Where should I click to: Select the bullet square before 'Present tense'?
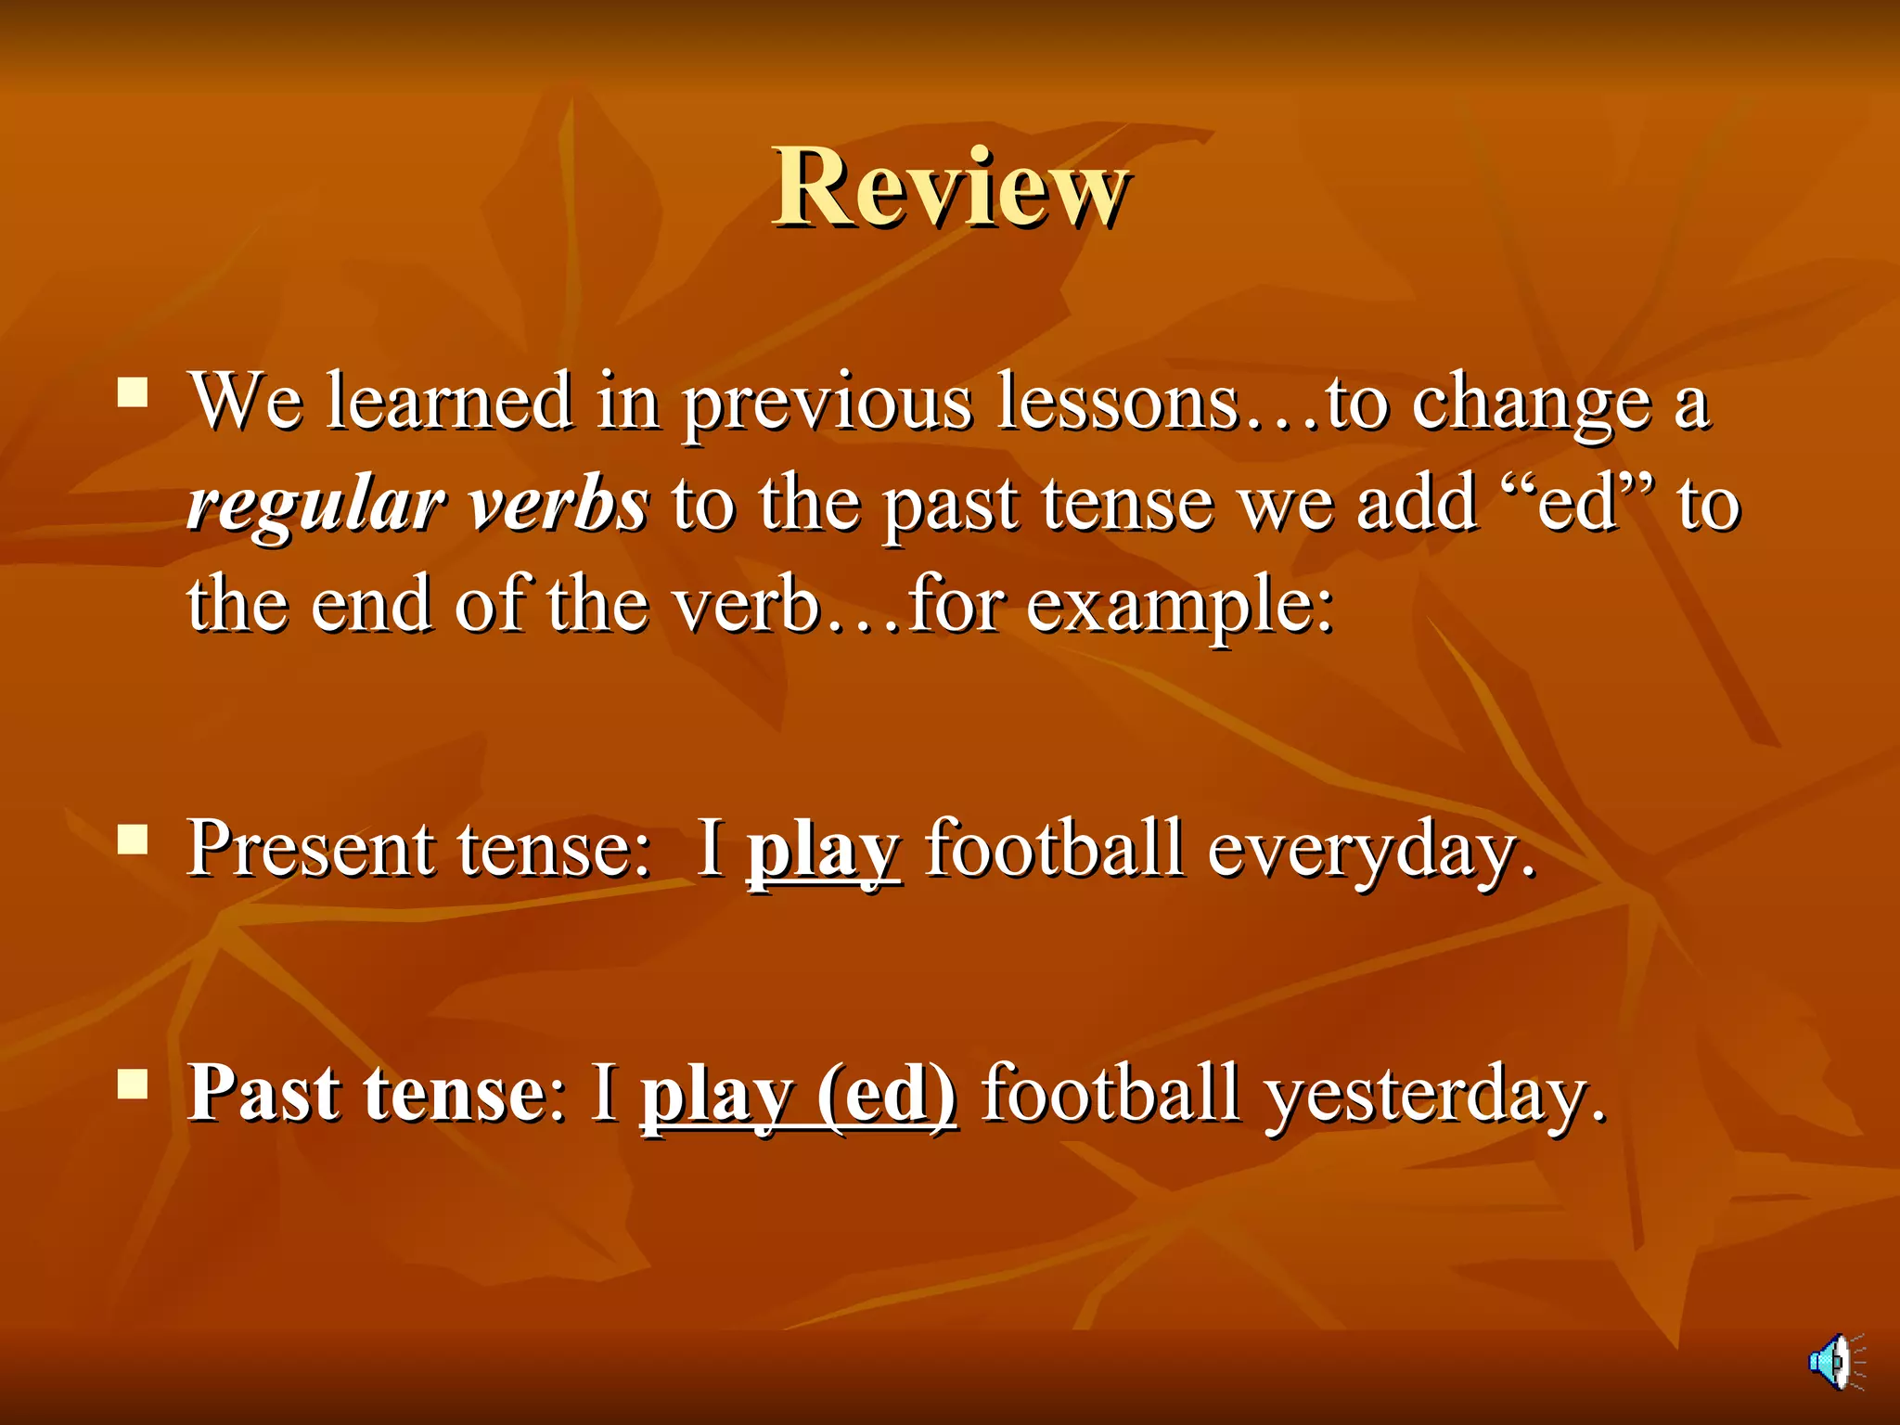pos(133,839)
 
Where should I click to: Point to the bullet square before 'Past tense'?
pos(133,1083)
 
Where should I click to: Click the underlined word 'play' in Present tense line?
pos(823,850)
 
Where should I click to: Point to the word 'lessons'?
pos(1118,403)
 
